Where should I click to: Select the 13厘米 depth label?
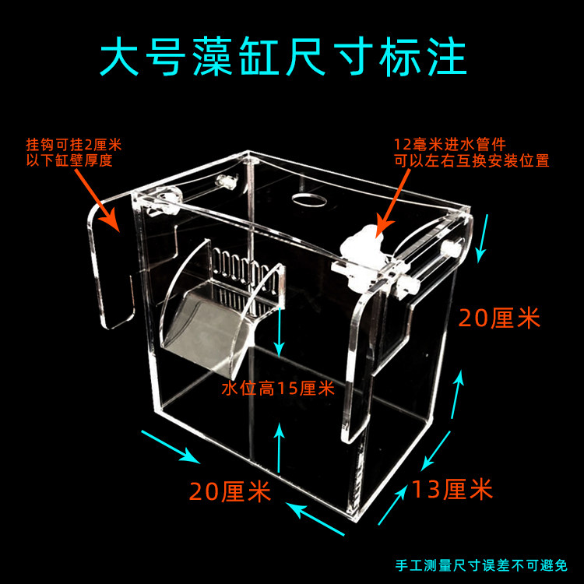[x=452, y=491]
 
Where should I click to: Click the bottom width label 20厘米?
[x=230, y=492]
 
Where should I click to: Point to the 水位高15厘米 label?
[x=277, y=388]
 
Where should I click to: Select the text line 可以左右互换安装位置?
[x=471, y=161]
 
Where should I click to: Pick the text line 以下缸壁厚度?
[x=69, y=161]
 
